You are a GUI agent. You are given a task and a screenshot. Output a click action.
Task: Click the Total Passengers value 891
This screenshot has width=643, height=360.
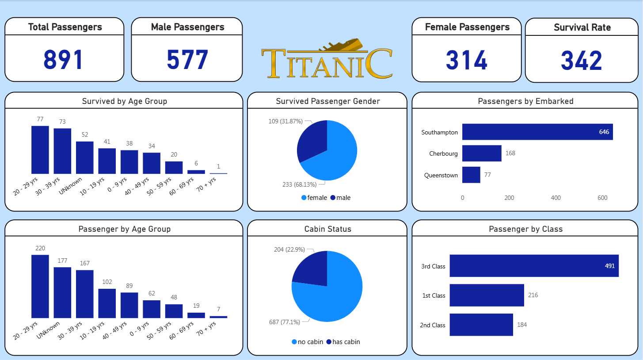coord(63,60)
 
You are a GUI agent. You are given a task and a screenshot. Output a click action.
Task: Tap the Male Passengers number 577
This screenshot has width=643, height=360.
coord(187,60)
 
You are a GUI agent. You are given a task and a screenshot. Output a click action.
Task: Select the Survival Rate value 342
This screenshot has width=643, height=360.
coord(582,61)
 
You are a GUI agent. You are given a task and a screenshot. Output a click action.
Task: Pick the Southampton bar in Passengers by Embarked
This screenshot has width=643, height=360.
coord(537,132)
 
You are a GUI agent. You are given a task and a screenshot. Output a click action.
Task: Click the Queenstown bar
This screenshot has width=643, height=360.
coord(471,175)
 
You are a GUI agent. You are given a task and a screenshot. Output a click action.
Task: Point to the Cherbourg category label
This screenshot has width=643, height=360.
coord(443,153)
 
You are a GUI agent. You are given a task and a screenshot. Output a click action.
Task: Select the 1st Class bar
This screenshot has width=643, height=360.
coord(487,295)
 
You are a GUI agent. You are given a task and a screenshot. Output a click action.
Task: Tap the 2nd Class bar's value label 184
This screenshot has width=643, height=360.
coord(521,325)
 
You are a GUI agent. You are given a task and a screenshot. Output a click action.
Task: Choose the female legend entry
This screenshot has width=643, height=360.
coord(314,198)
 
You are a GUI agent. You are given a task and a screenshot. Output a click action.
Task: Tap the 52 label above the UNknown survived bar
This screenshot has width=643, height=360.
coord(84,134)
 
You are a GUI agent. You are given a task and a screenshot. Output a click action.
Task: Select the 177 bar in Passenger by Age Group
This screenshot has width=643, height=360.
coord(62,292)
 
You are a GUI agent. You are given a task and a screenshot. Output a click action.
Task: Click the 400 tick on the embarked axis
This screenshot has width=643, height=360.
coord(555,198)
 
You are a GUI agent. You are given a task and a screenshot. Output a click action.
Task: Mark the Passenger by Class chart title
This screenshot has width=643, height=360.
coord(525,229)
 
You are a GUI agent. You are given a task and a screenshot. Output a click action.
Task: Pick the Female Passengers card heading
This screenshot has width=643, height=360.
coord(467,27)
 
